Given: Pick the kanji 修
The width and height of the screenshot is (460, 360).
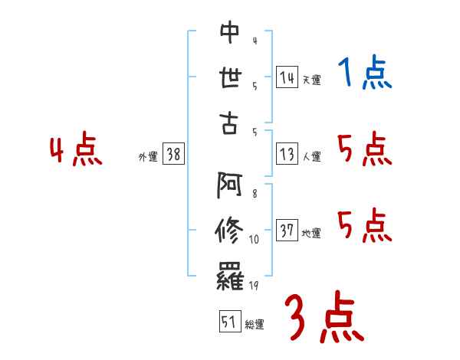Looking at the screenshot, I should pyautogui.click(x=229, y=231).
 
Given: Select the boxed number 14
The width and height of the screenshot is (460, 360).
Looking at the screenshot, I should pyautogui.click(x=287, y=77).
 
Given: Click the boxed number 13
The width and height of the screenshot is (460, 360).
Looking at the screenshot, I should pyautogui.click(x=287, y=155).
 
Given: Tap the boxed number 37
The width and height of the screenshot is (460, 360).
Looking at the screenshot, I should pyautogui.click(x=287, y=231).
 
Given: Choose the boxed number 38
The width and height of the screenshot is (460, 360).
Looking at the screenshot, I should pyautogui.click(x=173, y=155).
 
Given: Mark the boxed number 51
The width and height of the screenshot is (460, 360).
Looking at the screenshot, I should pyautogui.click(x=228, y=322).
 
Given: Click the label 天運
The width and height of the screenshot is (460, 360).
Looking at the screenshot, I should pyautogui.click(x=311, y=80).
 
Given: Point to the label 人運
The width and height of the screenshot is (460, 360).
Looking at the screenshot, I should pyautogui.click(x=311, y=157).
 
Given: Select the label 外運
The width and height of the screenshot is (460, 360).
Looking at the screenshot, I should pyautogui.click(x=147, y=157).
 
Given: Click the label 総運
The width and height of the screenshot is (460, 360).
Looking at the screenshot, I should pyautogui.click(x=254, y=325).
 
